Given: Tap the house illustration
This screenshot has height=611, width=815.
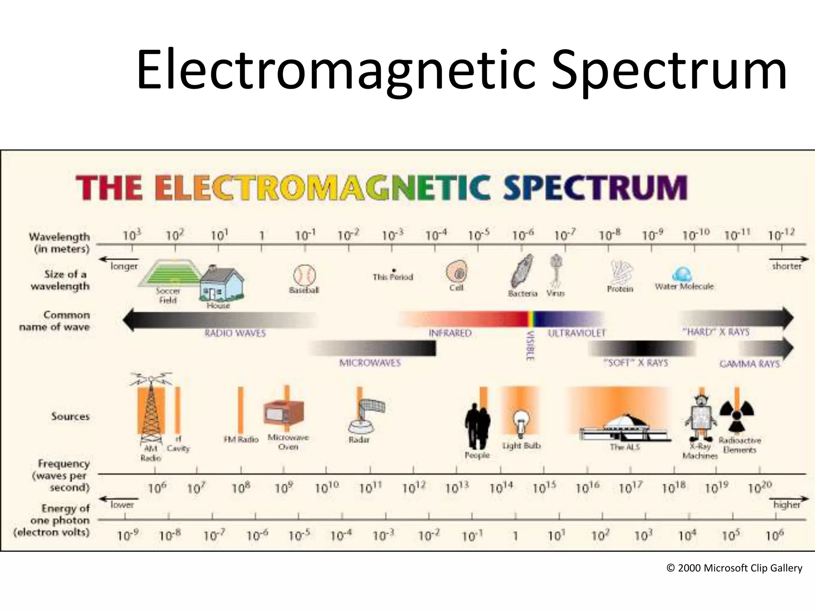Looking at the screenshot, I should click(221, 284).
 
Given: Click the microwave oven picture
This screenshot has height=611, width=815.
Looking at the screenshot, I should click(284, 414).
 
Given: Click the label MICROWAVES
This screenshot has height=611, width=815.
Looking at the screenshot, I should click(370, 363).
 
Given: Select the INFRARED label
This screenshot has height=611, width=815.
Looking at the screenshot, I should click(450, 333).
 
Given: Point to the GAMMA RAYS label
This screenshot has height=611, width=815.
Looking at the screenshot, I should click(750, 364).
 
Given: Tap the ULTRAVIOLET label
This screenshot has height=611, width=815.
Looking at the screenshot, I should click(576, 333).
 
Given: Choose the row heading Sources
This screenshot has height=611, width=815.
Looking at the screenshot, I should click(70, 416).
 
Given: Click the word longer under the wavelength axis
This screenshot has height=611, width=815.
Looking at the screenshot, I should click(124, 266).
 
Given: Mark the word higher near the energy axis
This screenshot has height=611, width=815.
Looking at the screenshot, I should click(786, 505).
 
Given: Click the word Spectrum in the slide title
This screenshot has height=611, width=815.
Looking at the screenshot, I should click(669, 71).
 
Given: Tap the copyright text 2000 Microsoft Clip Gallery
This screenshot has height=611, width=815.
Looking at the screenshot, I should click(734, 568).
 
